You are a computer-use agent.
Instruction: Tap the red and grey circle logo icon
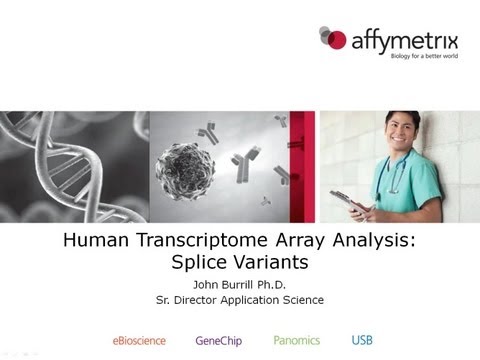pos(332,39)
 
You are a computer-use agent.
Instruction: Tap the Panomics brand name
pos(297,340)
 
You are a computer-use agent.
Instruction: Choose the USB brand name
pos(361,340)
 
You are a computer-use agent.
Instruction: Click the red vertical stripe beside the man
pos(310,165)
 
